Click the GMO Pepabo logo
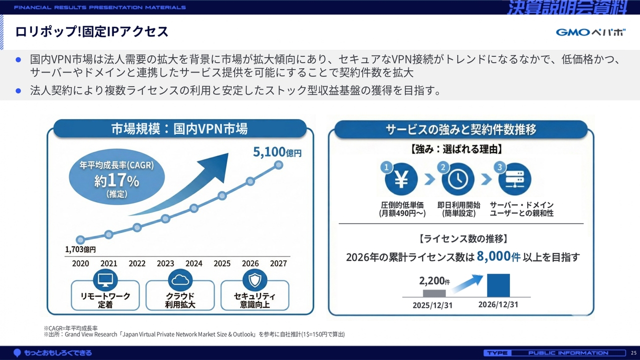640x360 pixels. pos(590,32)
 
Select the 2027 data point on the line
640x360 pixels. pos(278,165)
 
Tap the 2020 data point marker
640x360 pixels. pos(80,239)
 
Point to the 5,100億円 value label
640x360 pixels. pos(277,152)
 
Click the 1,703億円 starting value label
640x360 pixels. pos(80,249)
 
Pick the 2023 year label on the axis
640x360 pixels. pos(165,263)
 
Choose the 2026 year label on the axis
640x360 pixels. pos(250,263)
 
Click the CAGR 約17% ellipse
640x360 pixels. pos(117,176)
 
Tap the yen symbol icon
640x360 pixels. pos(401,179)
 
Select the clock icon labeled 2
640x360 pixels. pos(458,179)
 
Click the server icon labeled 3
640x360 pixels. pos(515,179)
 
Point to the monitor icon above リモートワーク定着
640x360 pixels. pos(105,279)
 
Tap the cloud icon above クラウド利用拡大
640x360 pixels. pos(180,279)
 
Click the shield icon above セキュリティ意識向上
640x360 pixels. pos(255,279)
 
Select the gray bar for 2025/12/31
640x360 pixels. pos(434,293)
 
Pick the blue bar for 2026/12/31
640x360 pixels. pos(498,285)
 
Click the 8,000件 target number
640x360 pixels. pos(498,256)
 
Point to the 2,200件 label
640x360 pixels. pos(434,281)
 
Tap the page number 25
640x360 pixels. pos(633,353)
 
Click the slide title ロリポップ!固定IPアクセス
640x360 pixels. pos(91,31)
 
